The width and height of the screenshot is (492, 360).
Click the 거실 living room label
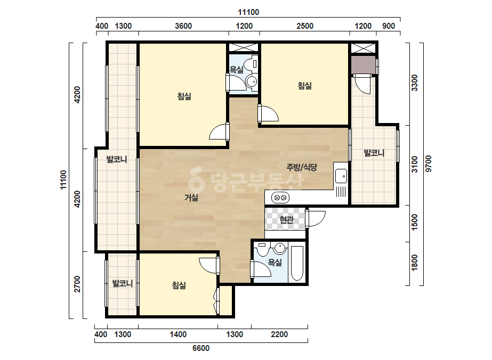pos(191,198)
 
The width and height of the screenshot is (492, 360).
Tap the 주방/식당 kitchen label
pos(302,167)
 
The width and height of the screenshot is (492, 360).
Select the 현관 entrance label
pos(286,219)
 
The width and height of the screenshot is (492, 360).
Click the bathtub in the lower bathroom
pos(297,263)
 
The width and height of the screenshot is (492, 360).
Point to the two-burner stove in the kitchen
pos(280,198)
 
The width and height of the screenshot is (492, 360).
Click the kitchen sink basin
pos(341,176)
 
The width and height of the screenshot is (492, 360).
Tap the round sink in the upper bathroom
pos(252,81)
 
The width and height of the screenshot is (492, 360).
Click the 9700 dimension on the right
pos(429,163)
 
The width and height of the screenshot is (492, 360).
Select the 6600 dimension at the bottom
pos(201,348)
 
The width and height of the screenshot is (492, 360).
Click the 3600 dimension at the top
pos(183,26)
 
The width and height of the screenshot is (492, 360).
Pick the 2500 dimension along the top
pos(305,26)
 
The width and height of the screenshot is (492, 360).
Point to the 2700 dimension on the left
pos(77,284)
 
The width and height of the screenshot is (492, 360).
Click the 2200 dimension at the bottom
pos(279,334)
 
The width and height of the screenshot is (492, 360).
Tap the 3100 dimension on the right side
pos(415,164)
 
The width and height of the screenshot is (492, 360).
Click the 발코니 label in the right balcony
pos(374,153)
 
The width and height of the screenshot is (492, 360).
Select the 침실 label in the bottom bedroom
pos(179,285)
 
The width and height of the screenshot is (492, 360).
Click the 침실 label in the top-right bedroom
pos(305,85)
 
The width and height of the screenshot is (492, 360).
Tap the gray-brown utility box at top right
pos(363,65)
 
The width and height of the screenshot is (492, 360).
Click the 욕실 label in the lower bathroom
pos(275,262)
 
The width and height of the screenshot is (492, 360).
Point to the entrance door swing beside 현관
pos(316,218)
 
